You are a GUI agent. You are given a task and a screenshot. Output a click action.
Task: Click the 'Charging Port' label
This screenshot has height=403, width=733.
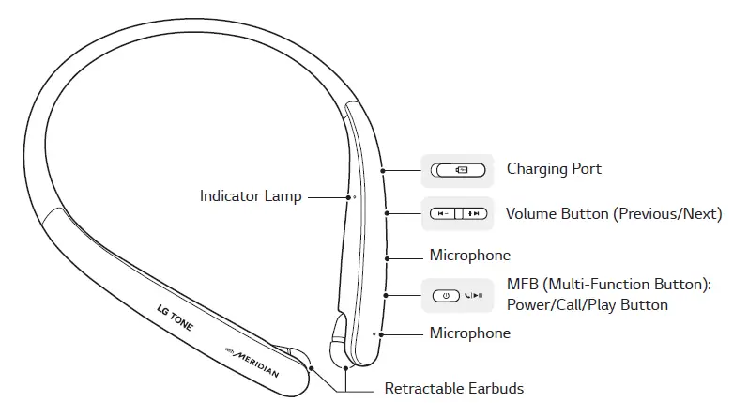pyautogui.click(x=554, y=169)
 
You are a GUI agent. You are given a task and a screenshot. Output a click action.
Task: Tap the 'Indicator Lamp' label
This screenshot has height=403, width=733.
pyautogui.click(x=251, y=196)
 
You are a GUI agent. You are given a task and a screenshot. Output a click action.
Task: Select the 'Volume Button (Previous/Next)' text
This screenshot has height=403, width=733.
pyautogui.click(x=614, y=214)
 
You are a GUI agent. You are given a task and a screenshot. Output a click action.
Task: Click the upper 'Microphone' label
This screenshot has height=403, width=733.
pyautogui.click(x=469, y=255)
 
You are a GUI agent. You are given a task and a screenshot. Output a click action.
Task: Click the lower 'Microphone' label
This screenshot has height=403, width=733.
pyautogui.click(x=469, y=333)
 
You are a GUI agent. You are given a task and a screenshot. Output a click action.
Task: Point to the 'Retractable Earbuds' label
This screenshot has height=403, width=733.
pyautogui.click(x=454, y=388)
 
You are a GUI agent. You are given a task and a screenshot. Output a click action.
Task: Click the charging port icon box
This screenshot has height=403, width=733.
pyautogui.click(x=456, y=170)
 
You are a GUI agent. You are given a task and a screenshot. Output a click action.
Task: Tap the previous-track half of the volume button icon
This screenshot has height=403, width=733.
pyautogui.click(x=442, y=214)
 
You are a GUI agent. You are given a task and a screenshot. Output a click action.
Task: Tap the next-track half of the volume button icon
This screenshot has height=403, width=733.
pyautogui.click(x=473, y=214)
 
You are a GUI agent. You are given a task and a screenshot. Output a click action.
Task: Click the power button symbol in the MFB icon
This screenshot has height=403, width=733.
pyautogui.click(x=447, y=295)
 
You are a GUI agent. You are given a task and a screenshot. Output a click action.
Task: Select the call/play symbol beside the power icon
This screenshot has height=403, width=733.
pyautogui.click(x=474, y=295)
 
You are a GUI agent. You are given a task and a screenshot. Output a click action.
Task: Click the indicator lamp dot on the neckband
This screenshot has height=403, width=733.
pyautogui.click(x=353, y=197)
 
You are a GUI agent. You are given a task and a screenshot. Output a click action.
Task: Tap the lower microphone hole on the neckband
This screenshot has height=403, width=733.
pyautogui.click(x=374, y=333)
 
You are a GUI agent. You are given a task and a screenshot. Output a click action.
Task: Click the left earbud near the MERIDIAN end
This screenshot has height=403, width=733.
pyautogui.click(x=298, y=358)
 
